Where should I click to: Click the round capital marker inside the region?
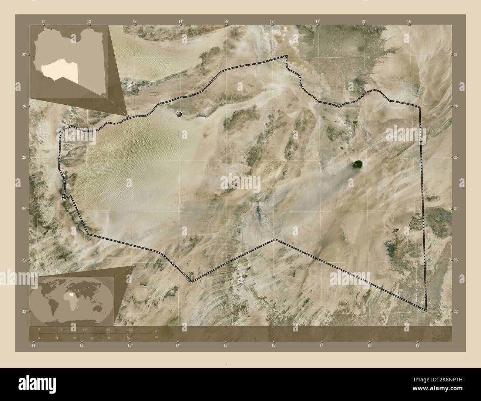[179, 114]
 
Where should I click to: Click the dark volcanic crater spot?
[357, 164]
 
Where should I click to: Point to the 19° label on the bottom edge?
[417, 345]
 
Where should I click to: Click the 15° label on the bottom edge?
[226, 345]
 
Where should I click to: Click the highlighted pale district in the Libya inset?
[59, 70]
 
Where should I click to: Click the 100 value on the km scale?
[85, 329]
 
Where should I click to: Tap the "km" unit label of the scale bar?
[157, 331]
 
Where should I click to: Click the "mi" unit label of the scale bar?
[157, 337]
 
